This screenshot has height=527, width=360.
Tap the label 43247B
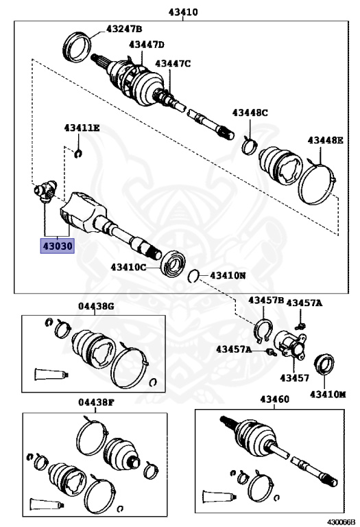click(x=123, y=29)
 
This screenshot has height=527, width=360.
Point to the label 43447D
click(x=146, y=45)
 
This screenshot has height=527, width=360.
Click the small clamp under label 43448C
click(x=250, y=143)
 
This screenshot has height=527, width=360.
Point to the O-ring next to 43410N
click(x=194, y=276)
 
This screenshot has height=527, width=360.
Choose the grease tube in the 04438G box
click(x=49, y=375)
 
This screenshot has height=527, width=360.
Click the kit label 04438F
click(x=95, y=403)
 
